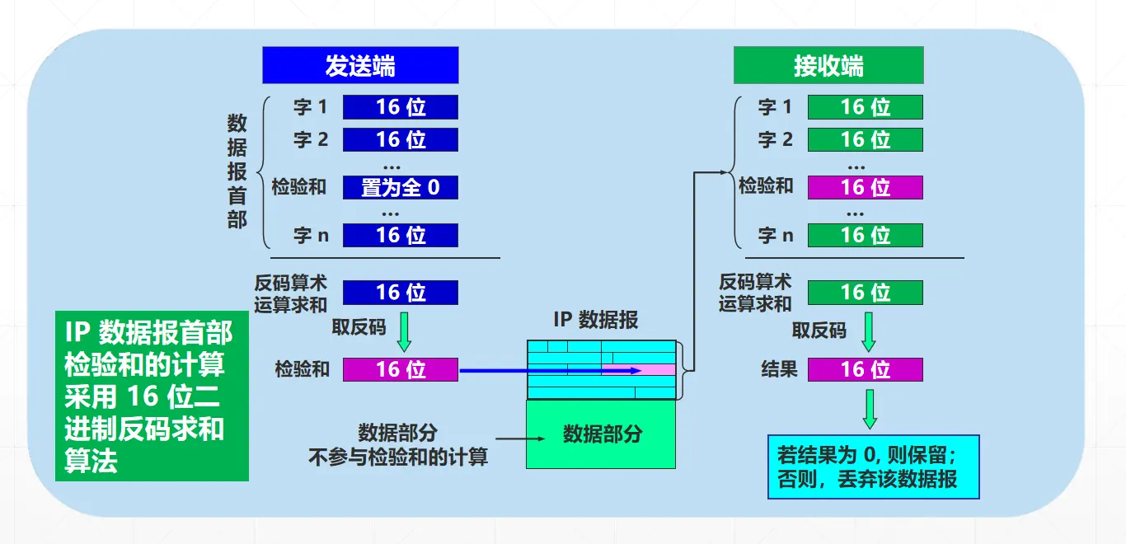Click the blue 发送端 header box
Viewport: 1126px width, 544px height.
(x=360, y=65)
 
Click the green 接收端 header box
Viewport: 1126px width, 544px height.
(x=828, y=65)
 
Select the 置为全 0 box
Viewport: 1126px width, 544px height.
(x=401, y=188)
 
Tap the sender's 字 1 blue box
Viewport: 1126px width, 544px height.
(x=401, y=107)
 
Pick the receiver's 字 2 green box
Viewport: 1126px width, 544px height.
(x=865, y=140)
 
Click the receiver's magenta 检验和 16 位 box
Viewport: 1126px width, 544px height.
(x=865, y=188)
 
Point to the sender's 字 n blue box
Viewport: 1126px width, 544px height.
(x=401, y=235)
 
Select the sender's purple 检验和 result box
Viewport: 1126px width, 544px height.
(x=401, y=369)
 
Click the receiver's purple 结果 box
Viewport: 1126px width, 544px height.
(x=865, y=369)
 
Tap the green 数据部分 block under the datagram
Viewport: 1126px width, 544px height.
(x=602, y=434)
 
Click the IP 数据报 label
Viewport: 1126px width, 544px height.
(x=596, y=321)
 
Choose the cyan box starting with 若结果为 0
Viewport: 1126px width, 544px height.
(x=873, y=467)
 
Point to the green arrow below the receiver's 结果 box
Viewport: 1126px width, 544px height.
(x=870, y=409)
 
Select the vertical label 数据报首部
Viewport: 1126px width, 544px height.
(x=237, y=171)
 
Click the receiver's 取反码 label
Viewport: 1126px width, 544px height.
(x=819, y=331)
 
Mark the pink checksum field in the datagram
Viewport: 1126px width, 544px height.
(x=638, y=370)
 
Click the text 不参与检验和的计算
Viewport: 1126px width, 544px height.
(x=398, y=457)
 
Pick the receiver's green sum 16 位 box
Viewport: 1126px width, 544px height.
(x=865, y=293)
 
